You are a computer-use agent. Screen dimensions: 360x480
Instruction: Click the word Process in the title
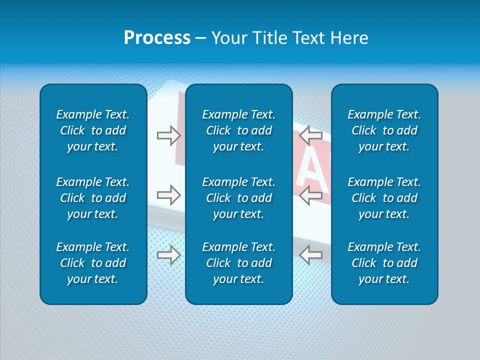(157, 38)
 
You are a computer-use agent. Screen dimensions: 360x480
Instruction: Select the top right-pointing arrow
(168, 135)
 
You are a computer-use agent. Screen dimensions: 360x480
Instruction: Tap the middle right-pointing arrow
(168, 195)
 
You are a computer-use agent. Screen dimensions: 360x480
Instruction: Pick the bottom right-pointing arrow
(168, 255)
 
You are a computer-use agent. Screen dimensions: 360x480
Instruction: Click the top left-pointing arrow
(311, 135)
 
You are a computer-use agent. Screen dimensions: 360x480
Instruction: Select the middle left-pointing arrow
(311, 195)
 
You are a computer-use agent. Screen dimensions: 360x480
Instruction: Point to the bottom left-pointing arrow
(311, 255)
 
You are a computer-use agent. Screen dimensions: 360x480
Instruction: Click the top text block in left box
(93, 130)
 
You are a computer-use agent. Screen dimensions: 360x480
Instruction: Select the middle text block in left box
(93, 198)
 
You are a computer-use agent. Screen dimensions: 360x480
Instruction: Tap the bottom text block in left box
(93, 263)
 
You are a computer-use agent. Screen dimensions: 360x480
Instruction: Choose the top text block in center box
(238, 130)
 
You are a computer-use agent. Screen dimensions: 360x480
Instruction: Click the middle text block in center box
(238, 198)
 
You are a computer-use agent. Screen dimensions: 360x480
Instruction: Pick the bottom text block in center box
(238, 263)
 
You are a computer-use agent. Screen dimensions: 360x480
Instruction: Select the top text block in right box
(384, 130)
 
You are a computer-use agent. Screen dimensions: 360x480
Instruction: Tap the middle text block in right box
(384, 198)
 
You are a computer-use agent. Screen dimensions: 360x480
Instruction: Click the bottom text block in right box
(384, 263)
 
